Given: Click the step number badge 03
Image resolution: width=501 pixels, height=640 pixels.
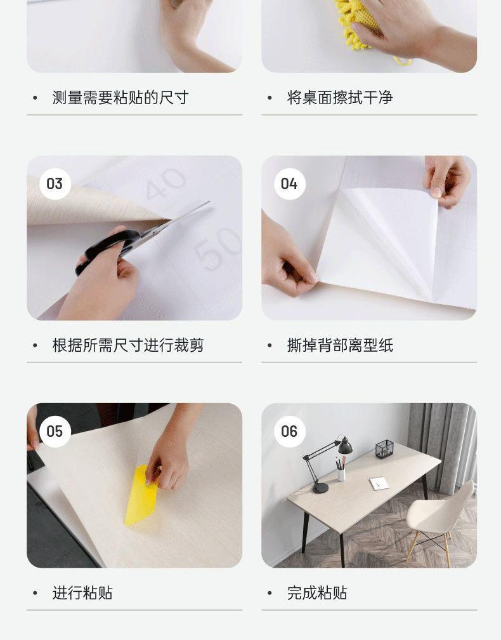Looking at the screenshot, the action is pos(55,183).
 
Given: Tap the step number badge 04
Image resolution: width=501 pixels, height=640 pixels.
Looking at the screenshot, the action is pos(289,183).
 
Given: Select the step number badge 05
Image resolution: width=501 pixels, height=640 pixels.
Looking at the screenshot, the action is pos(55,432).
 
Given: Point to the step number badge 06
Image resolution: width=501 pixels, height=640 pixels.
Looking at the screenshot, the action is pos(289,432).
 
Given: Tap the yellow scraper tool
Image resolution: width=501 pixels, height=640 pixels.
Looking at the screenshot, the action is pos(141,495).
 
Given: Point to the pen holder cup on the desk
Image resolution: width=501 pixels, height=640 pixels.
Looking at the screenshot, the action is pos(341,474).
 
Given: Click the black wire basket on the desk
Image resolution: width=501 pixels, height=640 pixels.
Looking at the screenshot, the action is pos(384,449).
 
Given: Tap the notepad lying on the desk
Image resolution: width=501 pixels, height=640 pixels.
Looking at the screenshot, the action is pos(379,483).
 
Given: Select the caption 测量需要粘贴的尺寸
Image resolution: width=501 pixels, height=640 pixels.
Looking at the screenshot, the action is pos(120,98).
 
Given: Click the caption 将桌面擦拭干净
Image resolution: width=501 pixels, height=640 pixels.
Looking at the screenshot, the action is pos(340,98).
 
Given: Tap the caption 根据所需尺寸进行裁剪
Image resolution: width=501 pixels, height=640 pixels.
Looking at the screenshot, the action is pos(128,345).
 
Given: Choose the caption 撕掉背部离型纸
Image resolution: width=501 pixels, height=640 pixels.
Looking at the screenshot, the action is pos(340,345).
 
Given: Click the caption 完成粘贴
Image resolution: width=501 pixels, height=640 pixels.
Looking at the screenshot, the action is pos(317,592).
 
